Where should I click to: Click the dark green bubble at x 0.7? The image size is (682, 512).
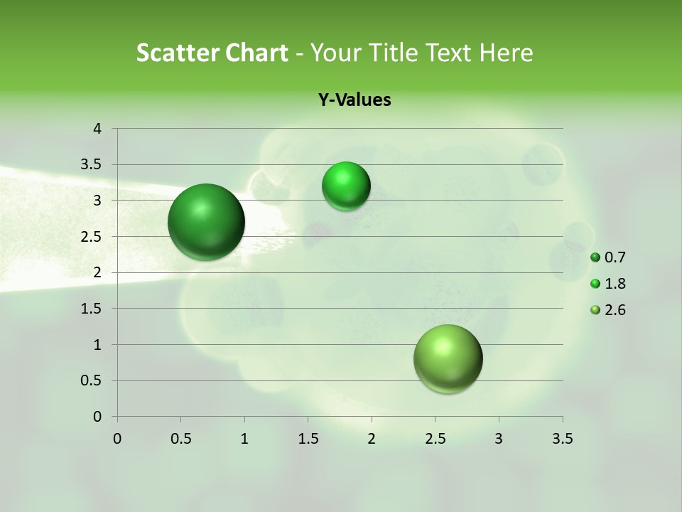pyautogui.click(x=206, y=222)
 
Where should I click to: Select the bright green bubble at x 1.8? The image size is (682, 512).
pyautogui.click(x=346, y=186)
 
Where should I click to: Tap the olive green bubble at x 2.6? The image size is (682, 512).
pyautogui.click(x=448, y=358)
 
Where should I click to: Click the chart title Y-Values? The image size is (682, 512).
pyautogui.click(x=354, y=100)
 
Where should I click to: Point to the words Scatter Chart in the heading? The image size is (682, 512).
pyautogui.click(x=212, y=53)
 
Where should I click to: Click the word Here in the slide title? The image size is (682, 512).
pyautogui.click(x=505, y=53)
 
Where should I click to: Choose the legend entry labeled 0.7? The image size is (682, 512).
pyautogui.click(x=608, y=257)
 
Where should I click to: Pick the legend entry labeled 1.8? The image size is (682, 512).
pyautogui.click(x=608, y=284)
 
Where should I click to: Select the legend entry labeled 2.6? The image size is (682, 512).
pyautogui.click(x=608, y=310)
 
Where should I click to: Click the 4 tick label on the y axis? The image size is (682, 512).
pyautogui.click(x=97, y=129)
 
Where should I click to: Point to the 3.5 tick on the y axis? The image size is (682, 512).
pyautogui.click(x=92, y=165)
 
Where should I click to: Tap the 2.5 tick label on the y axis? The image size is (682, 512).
pyautogui.click(x=92, y=237)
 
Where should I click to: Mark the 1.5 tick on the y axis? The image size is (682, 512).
pyautogui.click(x=92, y=309)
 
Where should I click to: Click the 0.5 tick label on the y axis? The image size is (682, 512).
pyautogui.click(x=92, y=380)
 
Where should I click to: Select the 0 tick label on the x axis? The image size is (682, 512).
pyautogui.click(x=117, y=439)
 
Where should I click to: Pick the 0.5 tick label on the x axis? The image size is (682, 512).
pyautogui.click(x=181, y=439)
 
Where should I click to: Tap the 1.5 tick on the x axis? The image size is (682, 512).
pyautogui.click(x=308, y=439)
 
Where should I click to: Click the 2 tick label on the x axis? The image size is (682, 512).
pyautogui.click(x=372, y=439)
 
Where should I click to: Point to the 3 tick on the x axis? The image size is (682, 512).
pyautogui.click(x=499, y=439)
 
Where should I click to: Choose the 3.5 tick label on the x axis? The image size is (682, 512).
pyautogui.click(x=562, y=439)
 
